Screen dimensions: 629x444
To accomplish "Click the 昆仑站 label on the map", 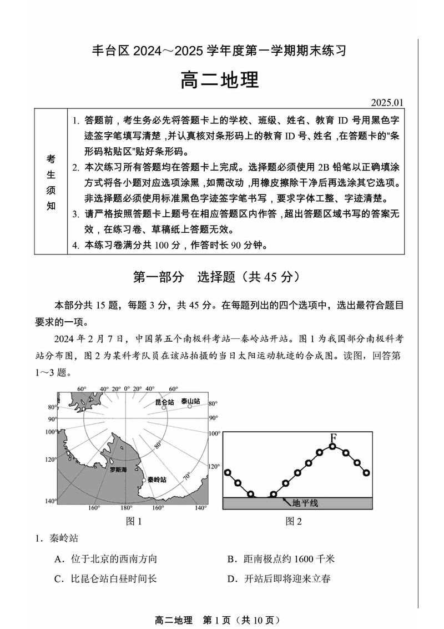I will tap(164, 402).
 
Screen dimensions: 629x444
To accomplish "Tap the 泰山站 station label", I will tap(190, 401).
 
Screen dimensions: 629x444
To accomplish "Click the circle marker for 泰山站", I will tap(190, 407).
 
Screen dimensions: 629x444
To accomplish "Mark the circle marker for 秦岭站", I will tap(144, 480).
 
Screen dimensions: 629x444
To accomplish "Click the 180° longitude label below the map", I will tap(127, 508).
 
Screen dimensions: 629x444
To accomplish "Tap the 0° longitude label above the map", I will tap(127, 388).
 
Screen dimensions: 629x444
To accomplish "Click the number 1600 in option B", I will tap(305, 559).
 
